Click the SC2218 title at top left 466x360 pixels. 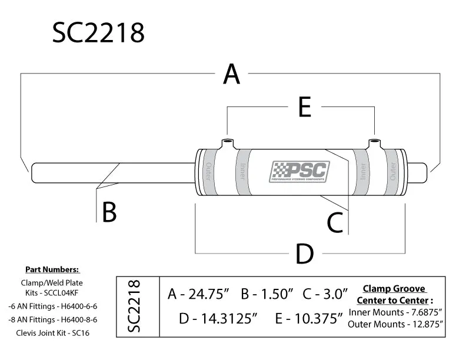click(98, 34)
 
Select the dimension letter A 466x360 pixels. click(232, 75)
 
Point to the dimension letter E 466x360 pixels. click(304, 108)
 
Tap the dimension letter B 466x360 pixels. click(109, 212)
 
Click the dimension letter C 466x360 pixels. click(335, 223)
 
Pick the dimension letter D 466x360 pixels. click(304, 254)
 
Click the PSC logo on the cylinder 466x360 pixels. click(299, 172)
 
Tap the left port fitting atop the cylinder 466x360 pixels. click(227, 144)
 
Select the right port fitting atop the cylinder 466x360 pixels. click(375, 144)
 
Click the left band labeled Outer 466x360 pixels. click(208, 172)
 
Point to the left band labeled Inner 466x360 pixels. click(242, 172)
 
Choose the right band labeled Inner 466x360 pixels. click(363, 172)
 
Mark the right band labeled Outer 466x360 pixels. click(392, 172)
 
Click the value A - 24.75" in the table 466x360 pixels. click(198, 294)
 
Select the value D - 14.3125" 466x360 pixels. click(219, 318)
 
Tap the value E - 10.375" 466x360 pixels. click(308, 318)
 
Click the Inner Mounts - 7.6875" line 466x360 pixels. click(395, 312)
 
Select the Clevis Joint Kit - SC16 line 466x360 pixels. click(52, 332)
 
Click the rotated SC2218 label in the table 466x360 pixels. click(134, 307)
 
